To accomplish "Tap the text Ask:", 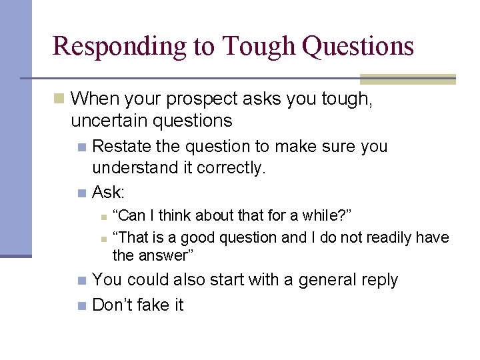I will (x=109, y=193).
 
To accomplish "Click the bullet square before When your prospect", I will (x=59, y=99).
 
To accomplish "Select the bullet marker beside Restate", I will (x=81, y=147).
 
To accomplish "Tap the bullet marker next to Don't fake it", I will (x=81, y=306).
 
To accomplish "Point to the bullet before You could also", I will (x=81, y=281).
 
